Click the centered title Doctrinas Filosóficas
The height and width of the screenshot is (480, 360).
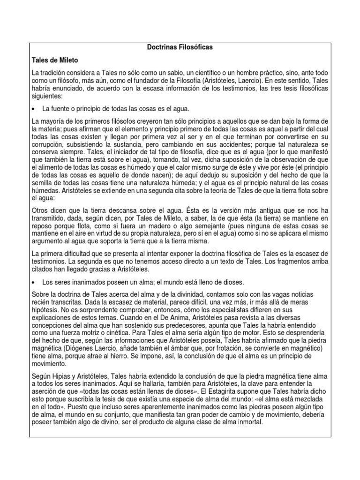(180, 48)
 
